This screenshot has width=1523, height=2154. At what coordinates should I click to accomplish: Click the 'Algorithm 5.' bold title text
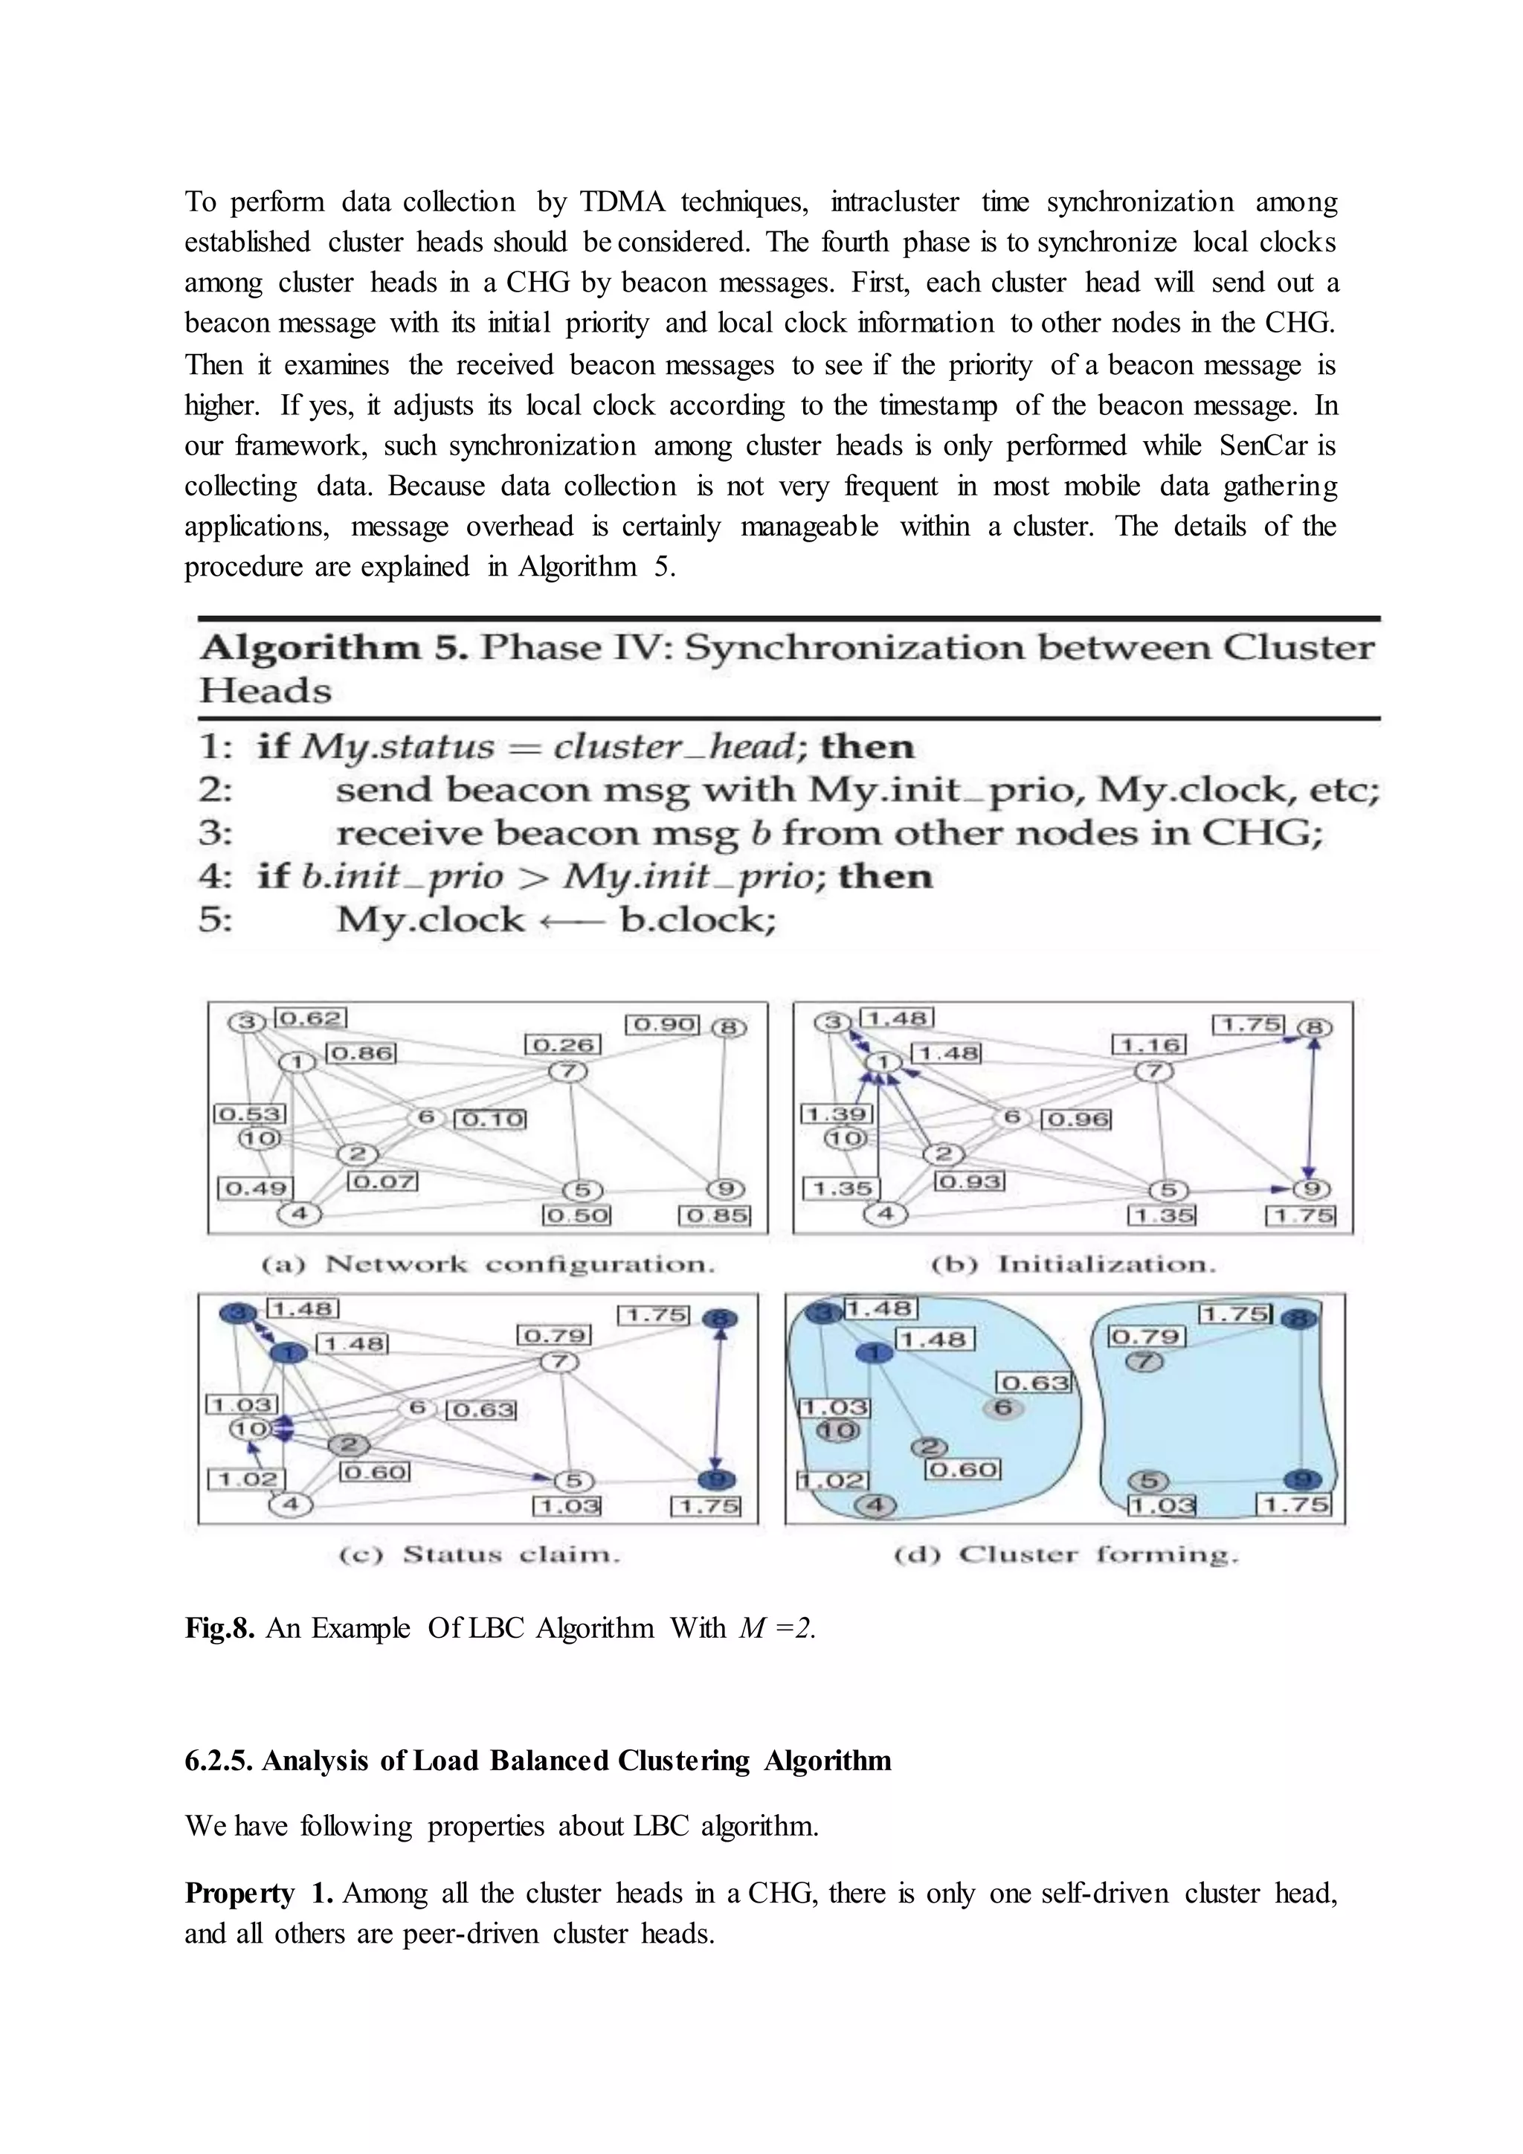coord(333,649)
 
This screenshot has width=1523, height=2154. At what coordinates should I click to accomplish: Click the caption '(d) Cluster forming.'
coord(1066,1555)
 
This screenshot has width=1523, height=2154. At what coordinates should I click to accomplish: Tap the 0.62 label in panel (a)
coord(312,1018)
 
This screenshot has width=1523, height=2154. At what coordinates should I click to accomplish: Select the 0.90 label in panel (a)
coord(662,1023)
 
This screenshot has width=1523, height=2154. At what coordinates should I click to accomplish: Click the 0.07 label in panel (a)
coord(383,1181)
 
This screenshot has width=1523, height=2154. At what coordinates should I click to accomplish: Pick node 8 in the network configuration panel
coord(729,1028)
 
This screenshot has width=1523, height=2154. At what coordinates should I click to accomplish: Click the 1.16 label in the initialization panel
coord(1149,1044)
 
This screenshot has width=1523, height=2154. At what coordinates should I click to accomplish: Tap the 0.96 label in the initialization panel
coord(1078,1119)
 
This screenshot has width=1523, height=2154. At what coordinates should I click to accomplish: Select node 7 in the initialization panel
coord(1154,1071)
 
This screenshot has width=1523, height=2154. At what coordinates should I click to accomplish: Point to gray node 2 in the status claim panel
coord(349,1444)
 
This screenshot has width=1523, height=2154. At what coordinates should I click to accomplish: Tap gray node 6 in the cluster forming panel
coord(1002,1407)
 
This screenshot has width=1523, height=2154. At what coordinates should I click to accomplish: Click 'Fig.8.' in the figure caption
coord(219,1627)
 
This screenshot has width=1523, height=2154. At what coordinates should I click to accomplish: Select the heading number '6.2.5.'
coord(219,1761)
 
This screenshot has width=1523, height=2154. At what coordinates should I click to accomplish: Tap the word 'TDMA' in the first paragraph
coord(622,202)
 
